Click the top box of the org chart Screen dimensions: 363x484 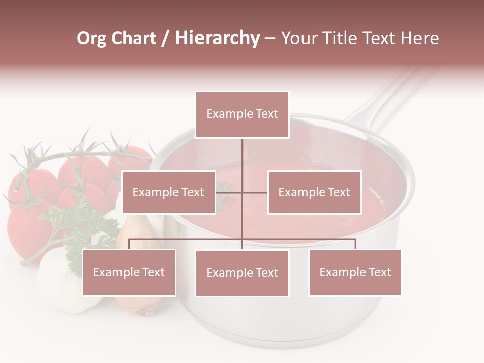point(242,114)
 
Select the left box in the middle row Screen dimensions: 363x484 point(168,192)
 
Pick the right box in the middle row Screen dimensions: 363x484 point(314,192)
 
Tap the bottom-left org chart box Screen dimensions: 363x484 point(129,272)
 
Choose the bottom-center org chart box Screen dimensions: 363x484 point(242,273)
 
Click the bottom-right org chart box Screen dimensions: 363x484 point(355,272)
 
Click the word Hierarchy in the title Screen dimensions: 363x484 point(217,38)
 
